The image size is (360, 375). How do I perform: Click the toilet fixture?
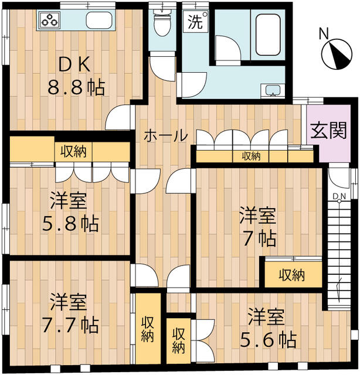(x=162, y=22)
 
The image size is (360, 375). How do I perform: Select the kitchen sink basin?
(x=99, y=20)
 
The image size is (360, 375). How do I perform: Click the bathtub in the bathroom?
(x=268, y=35)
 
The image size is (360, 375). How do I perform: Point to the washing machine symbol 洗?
(x=195, y=22)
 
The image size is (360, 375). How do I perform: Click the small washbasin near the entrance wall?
(x=273, y=91)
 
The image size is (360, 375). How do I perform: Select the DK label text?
(x=74, y=65)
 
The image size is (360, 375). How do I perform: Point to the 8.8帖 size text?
(x=76, y=87)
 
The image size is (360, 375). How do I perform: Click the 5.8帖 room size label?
(x=70, y=224)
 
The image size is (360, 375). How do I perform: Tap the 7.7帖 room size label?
(x=70, y=325)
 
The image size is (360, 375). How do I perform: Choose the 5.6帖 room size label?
(x=268, y=340)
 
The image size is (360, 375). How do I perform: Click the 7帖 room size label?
(x=260, y=238)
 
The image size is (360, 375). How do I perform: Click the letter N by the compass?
(x=324, y=34)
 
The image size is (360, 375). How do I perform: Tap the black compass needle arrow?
(x=337, y=54)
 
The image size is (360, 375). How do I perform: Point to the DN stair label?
(x=339, y=196)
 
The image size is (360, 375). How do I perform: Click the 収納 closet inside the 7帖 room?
(x=293, y=274)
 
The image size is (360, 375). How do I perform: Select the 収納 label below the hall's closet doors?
(x=251, y=156)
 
